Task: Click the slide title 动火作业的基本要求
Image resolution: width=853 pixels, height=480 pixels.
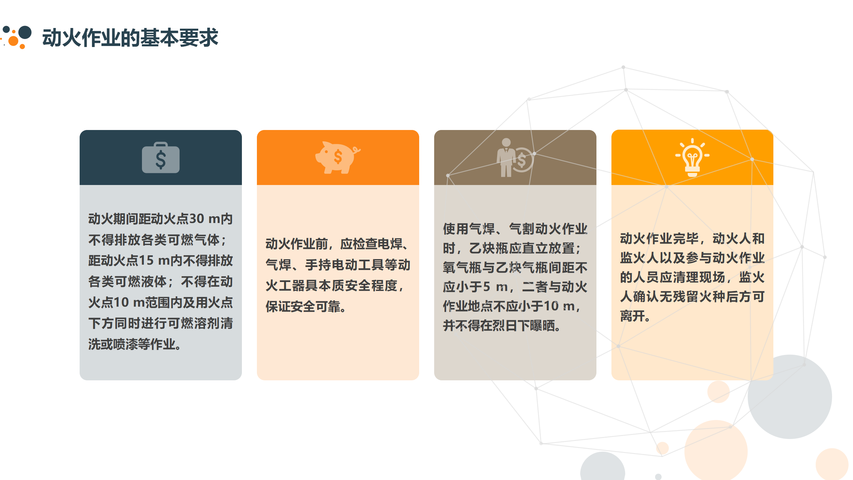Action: click(130, 37)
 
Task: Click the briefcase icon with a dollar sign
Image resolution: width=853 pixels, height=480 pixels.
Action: click(161, 158)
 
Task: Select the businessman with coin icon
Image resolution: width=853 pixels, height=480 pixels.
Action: click(515, 157)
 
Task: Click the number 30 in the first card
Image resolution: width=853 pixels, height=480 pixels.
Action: click(197, 219)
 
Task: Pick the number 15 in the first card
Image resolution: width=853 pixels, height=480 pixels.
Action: click(146, 261)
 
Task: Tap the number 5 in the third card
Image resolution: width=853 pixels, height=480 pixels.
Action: click(486, 287)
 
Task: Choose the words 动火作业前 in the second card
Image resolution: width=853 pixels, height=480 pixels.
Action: click(297, 244)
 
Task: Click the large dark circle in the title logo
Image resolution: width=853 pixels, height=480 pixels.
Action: click(25, 32)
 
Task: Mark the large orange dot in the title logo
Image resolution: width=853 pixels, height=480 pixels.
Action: click(13, 41)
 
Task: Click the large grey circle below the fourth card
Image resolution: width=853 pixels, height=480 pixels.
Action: click(790, 397)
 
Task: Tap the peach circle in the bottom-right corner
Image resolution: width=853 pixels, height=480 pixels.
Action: click(832, 464)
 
